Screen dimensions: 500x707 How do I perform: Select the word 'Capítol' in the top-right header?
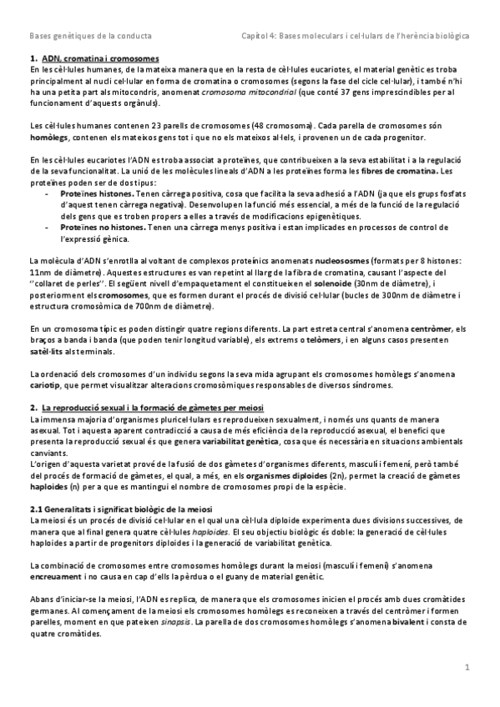[255, 38]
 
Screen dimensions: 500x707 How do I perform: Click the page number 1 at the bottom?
[468, 666]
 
